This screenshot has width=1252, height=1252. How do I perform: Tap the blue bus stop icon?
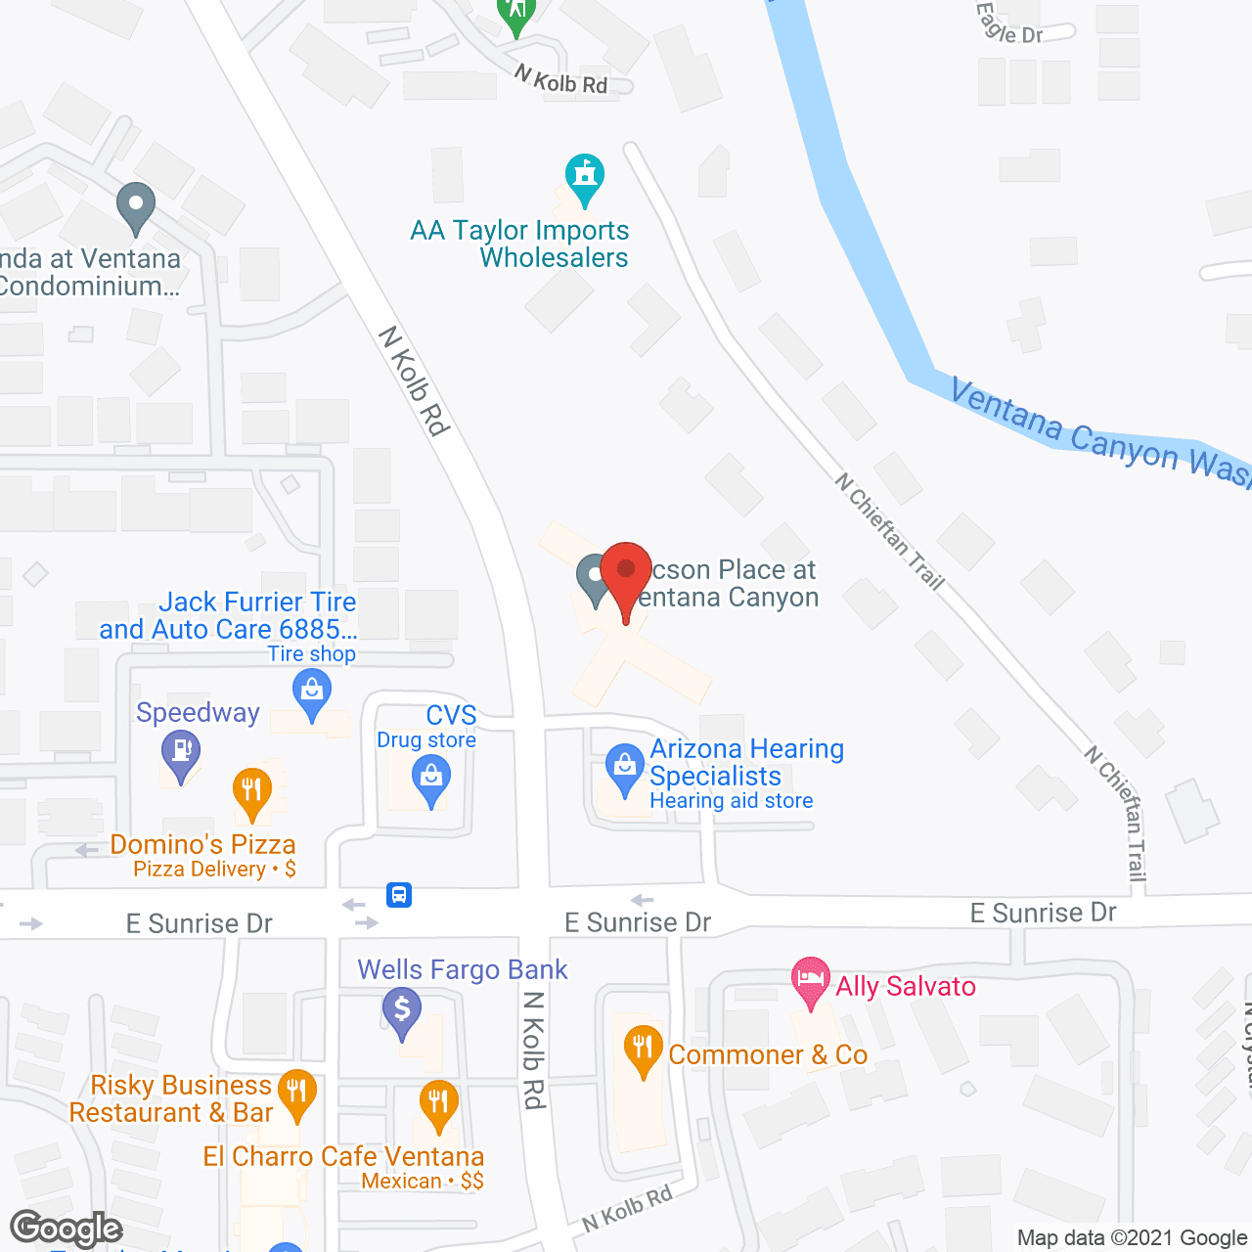click(x=399, y=894)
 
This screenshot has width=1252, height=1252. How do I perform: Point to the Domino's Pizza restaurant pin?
click(x=252, y=792)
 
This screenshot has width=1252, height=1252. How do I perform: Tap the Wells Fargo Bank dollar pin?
click(x=402, y=1010)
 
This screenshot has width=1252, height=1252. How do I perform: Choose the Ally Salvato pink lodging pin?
click(x=810, y=980)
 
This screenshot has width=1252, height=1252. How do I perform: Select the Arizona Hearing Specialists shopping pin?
click(x=624, y=769)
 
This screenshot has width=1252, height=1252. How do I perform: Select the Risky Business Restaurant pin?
click(x=296, y=1093)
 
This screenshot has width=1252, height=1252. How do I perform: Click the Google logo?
click(x=67, y=1229)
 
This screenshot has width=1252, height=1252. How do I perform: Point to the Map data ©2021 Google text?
click(x=1132, y=1237)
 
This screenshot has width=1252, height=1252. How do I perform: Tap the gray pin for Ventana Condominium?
click(x=136, y=206)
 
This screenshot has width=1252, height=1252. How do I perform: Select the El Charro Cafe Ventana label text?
click(x=343, y=1156)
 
